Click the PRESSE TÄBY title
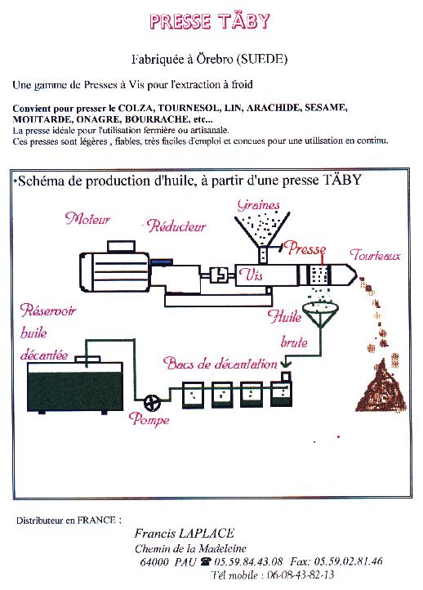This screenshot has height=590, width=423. click(210, 21)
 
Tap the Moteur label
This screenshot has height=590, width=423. click(87, 218)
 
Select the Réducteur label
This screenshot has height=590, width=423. click(176, 226)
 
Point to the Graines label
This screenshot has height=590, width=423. click(259, 204)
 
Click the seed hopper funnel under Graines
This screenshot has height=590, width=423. click(262, 230)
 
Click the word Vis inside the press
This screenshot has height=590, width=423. click(251, 275)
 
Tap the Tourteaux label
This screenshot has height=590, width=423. click(376, 255)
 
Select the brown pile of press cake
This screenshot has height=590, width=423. click(381, 387)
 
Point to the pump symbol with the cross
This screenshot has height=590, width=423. click(152, 403)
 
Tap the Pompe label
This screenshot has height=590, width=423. click(149, 418)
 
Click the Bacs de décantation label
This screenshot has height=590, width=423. click(220, 363)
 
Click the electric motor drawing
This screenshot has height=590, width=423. click(114, 269)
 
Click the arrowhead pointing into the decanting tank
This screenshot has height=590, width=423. click(287, 364)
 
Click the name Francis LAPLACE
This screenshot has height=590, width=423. click(185, 533)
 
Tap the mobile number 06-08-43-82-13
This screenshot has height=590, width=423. click(301, 575)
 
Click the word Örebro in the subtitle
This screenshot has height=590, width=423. click(214, 59)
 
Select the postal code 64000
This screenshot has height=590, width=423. click(154, 562)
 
